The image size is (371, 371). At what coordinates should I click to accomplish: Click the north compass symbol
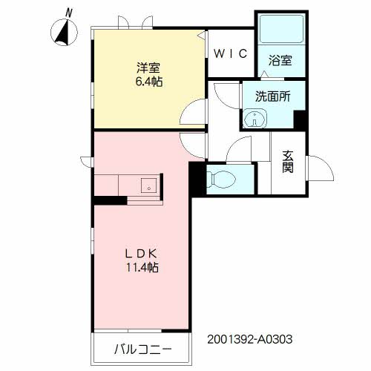coord(64,33)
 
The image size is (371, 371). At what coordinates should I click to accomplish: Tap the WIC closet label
coord(231,53)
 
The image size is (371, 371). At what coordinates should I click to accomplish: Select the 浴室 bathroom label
coord(280,60)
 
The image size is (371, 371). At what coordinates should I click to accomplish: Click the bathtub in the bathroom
coord(281,29)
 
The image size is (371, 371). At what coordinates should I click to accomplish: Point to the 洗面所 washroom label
coord(273,96)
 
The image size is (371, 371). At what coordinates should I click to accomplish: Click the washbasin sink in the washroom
coord(255,119)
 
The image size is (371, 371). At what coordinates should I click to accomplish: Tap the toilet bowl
coord(220,179)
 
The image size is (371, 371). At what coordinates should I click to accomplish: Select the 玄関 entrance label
coord(288,162)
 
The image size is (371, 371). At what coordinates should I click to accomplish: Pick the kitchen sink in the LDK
coord(148,185)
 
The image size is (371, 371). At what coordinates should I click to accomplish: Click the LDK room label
coord(141,254)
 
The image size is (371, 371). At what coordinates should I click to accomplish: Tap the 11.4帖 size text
coord(142,267)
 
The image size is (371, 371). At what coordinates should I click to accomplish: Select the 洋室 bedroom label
coord(148,68)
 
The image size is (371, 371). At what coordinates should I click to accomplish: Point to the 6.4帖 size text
coord(149,82)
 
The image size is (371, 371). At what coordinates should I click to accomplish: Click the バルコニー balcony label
coord(142,349)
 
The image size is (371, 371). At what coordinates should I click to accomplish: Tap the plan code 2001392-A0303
coord(250,339)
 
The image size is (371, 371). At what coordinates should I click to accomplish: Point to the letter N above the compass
coord(68,13)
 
